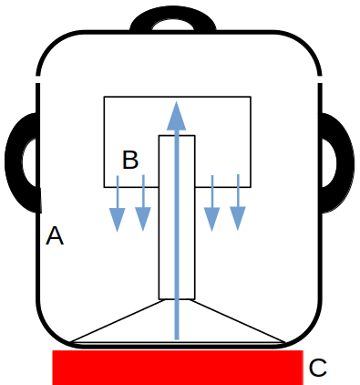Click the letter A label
pos(55,235)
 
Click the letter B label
pos(130,160)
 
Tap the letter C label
pos(318,368)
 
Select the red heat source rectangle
pos(178,368)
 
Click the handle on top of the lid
pos(173,12)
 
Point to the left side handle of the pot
pos(14,162)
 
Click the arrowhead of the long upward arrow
pos(176,116)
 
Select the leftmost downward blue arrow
pos(118,203)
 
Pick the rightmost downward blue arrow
pos(238,203)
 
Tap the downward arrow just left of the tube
pos(143,203)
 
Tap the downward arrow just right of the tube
pos(212,203)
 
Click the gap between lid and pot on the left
pos(38,79)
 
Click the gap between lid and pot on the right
pos(320,79)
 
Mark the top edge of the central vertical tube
pos(177,136)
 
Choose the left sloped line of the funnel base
pos(118,321)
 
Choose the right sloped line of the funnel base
pos(238,321)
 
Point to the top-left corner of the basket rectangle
pos(104,97)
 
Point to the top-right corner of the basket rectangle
pos(251,97)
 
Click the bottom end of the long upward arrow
pos(177,339)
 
